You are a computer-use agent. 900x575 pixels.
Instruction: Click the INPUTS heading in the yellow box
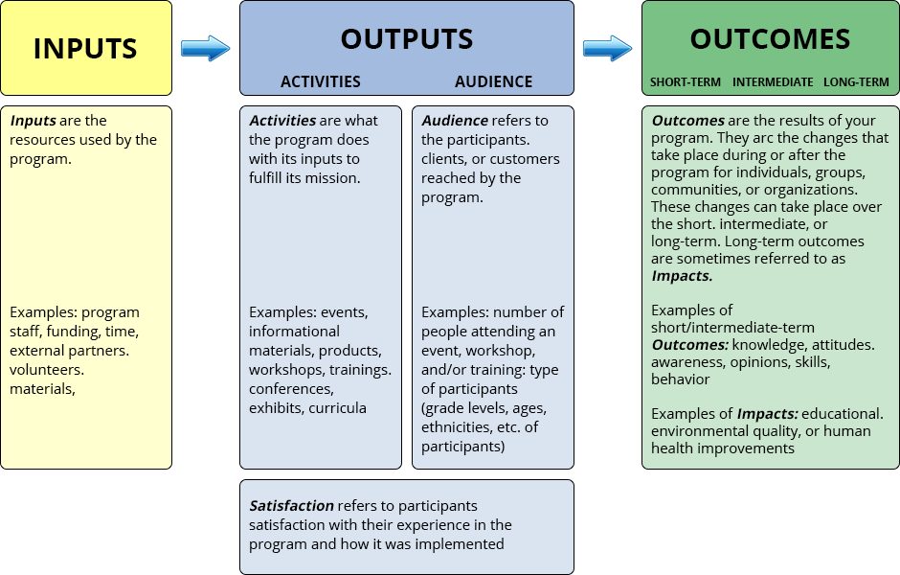85,48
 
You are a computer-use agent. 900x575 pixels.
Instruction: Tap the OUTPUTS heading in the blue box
406,39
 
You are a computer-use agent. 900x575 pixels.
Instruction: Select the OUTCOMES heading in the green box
770,39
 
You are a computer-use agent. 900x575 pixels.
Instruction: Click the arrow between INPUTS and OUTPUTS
206,48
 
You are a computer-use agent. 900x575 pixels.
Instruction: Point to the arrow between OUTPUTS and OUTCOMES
608,48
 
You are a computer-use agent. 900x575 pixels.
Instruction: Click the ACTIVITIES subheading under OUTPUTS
320,81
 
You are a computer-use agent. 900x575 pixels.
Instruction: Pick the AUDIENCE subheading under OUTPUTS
493,81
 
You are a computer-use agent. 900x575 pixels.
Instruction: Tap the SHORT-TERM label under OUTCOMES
685,82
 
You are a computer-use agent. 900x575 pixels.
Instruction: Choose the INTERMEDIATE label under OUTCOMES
773,82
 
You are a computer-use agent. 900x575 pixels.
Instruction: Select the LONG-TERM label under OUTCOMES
856,82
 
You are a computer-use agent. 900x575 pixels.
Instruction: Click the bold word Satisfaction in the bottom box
291,505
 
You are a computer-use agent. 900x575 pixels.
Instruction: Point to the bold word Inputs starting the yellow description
33,121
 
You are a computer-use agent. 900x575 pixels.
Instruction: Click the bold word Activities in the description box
282,121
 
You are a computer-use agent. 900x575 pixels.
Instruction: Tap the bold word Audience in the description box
454,121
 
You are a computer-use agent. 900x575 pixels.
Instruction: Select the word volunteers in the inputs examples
46,369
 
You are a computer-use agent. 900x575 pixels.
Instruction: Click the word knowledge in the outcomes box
764,344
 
